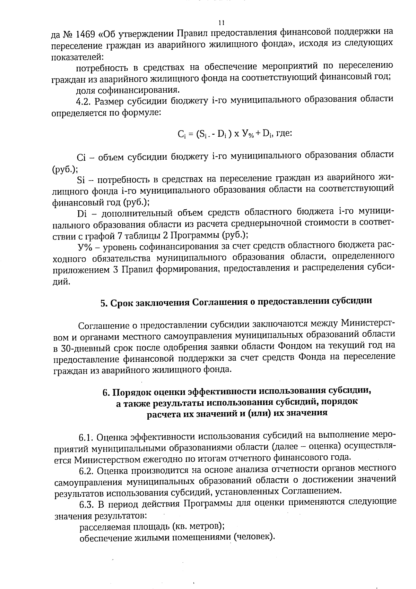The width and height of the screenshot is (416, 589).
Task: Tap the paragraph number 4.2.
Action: (83, 101)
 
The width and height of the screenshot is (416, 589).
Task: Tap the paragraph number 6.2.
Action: (86, 471)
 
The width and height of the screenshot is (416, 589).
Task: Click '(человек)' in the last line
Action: (254, 537)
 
